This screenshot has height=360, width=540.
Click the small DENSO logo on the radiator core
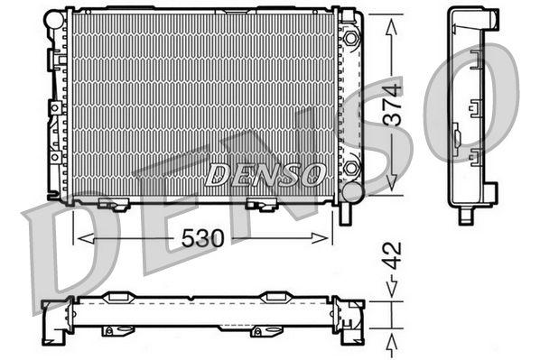click(264, 174)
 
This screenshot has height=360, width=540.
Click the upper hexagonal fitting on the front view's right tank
click(350, 39)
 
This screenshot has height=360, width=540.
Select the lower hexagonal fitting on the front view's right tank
click(350, 169)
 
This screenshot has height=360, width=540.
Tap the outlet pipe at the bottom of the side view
click(467, 215)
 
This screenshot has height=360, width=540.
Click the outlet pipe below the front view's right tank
click(345, 215)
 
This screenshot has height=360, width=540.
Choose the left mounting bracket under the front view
click(112, 204)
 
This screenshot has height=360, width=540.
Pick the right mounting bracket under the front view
click(263, 204)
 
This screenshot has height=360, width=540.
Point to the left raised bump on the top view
click(120, 295)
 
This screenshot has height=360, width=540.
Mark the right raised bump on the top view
click(275, 295)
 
